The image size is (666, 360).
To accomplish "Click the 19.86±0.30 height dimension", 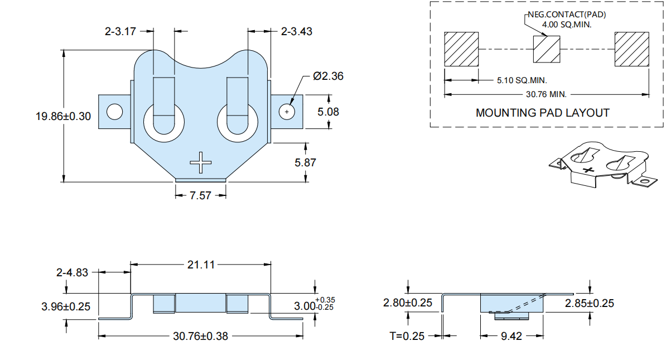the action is tap(63, 116).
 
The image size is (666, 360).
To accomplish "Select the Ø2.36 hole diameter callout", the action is tap(328, 76).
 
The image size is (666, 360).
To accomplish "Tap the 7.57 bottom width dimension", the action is tap(200, 195).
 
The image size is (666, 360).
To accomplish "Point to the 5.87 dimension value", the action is tap(306, 162).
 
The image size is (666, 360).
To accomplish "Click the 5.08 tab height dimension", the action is tap(329, 112).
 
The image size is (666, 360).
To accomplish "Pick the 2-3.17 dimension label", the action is tap(120, 31).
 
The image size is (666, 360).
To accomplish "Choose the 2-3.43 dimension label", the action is tap(297, 31).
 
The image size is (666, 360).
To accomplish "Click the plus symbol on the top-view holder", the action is tap(200, 162).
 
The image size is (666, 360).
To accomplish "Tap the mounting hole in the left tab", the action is tap(115, 112).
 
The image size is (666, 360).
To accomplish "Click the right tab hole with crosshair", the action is tap(287, 112).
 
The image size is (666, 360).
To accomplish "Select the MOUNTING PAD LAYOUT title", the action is tap(542, 113).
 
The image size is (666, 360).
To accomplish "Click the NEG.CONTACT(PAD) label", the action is tap(567, 15).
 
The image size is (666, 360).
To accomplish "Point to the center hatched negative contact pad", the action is tap(547, 49).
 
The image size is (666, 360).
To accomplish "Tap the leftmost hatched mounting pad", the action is tap(461, 49).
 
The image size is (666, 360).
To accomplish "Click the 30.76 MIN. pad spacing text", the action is tap(546, 94).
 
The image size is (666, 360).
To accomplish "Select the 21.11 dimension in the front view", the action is tap(201, 265).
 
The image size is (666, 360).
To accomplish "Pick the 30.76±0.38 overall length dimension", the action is tap(200, 336).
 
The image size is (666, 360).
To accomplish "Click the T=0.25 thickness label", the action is tap(407, 336).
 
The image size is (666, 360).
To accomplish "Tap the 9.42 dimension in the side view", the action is tap(511, 336).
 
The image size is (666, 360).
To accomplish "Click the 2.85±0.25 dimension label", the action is tap(590, 303).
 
